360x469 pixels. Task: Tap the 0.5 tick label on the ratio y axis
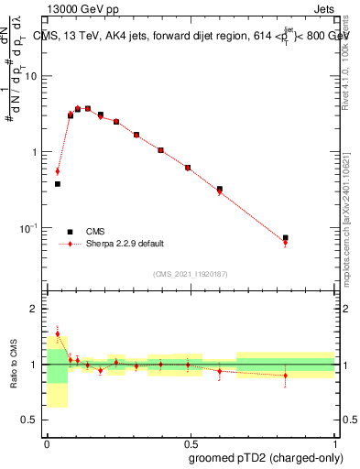click(32, 420)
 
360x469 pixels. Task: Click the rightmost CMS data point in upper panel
click(286, 238)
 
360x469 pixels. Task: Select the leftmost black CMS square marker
click(58, 184)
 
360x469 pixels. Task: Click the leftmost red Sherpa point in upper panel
click(58, 171)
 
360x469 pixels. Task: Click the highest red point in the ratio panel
click(58, 333)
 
